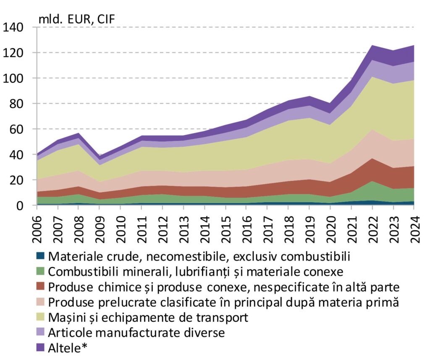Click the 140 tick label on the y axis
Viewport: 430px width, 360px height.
tap(16, 28)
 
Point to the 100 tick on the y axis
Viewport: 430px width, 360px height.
tap(16, 78)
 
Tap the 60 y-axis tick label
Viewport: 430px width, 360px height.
tap(19, 130)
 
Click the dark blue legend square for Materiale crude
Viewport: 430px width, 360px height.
tap(40, 256)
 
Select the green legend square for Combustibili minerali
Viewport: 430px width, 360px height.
tap(40, 271)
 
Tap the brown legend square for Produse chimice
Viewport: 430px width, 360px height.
tap(40, 286)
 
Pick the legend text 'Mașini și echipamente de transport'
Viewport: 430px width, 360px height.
tap(148, 317)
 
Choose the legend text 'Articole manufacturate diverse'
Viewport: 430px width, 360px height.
tap(136, 333)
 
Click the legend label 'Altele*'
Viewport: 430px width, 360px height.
tap(70, 348)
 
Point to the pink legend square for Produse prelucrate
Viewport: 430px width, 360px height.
tap(40, 302)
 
